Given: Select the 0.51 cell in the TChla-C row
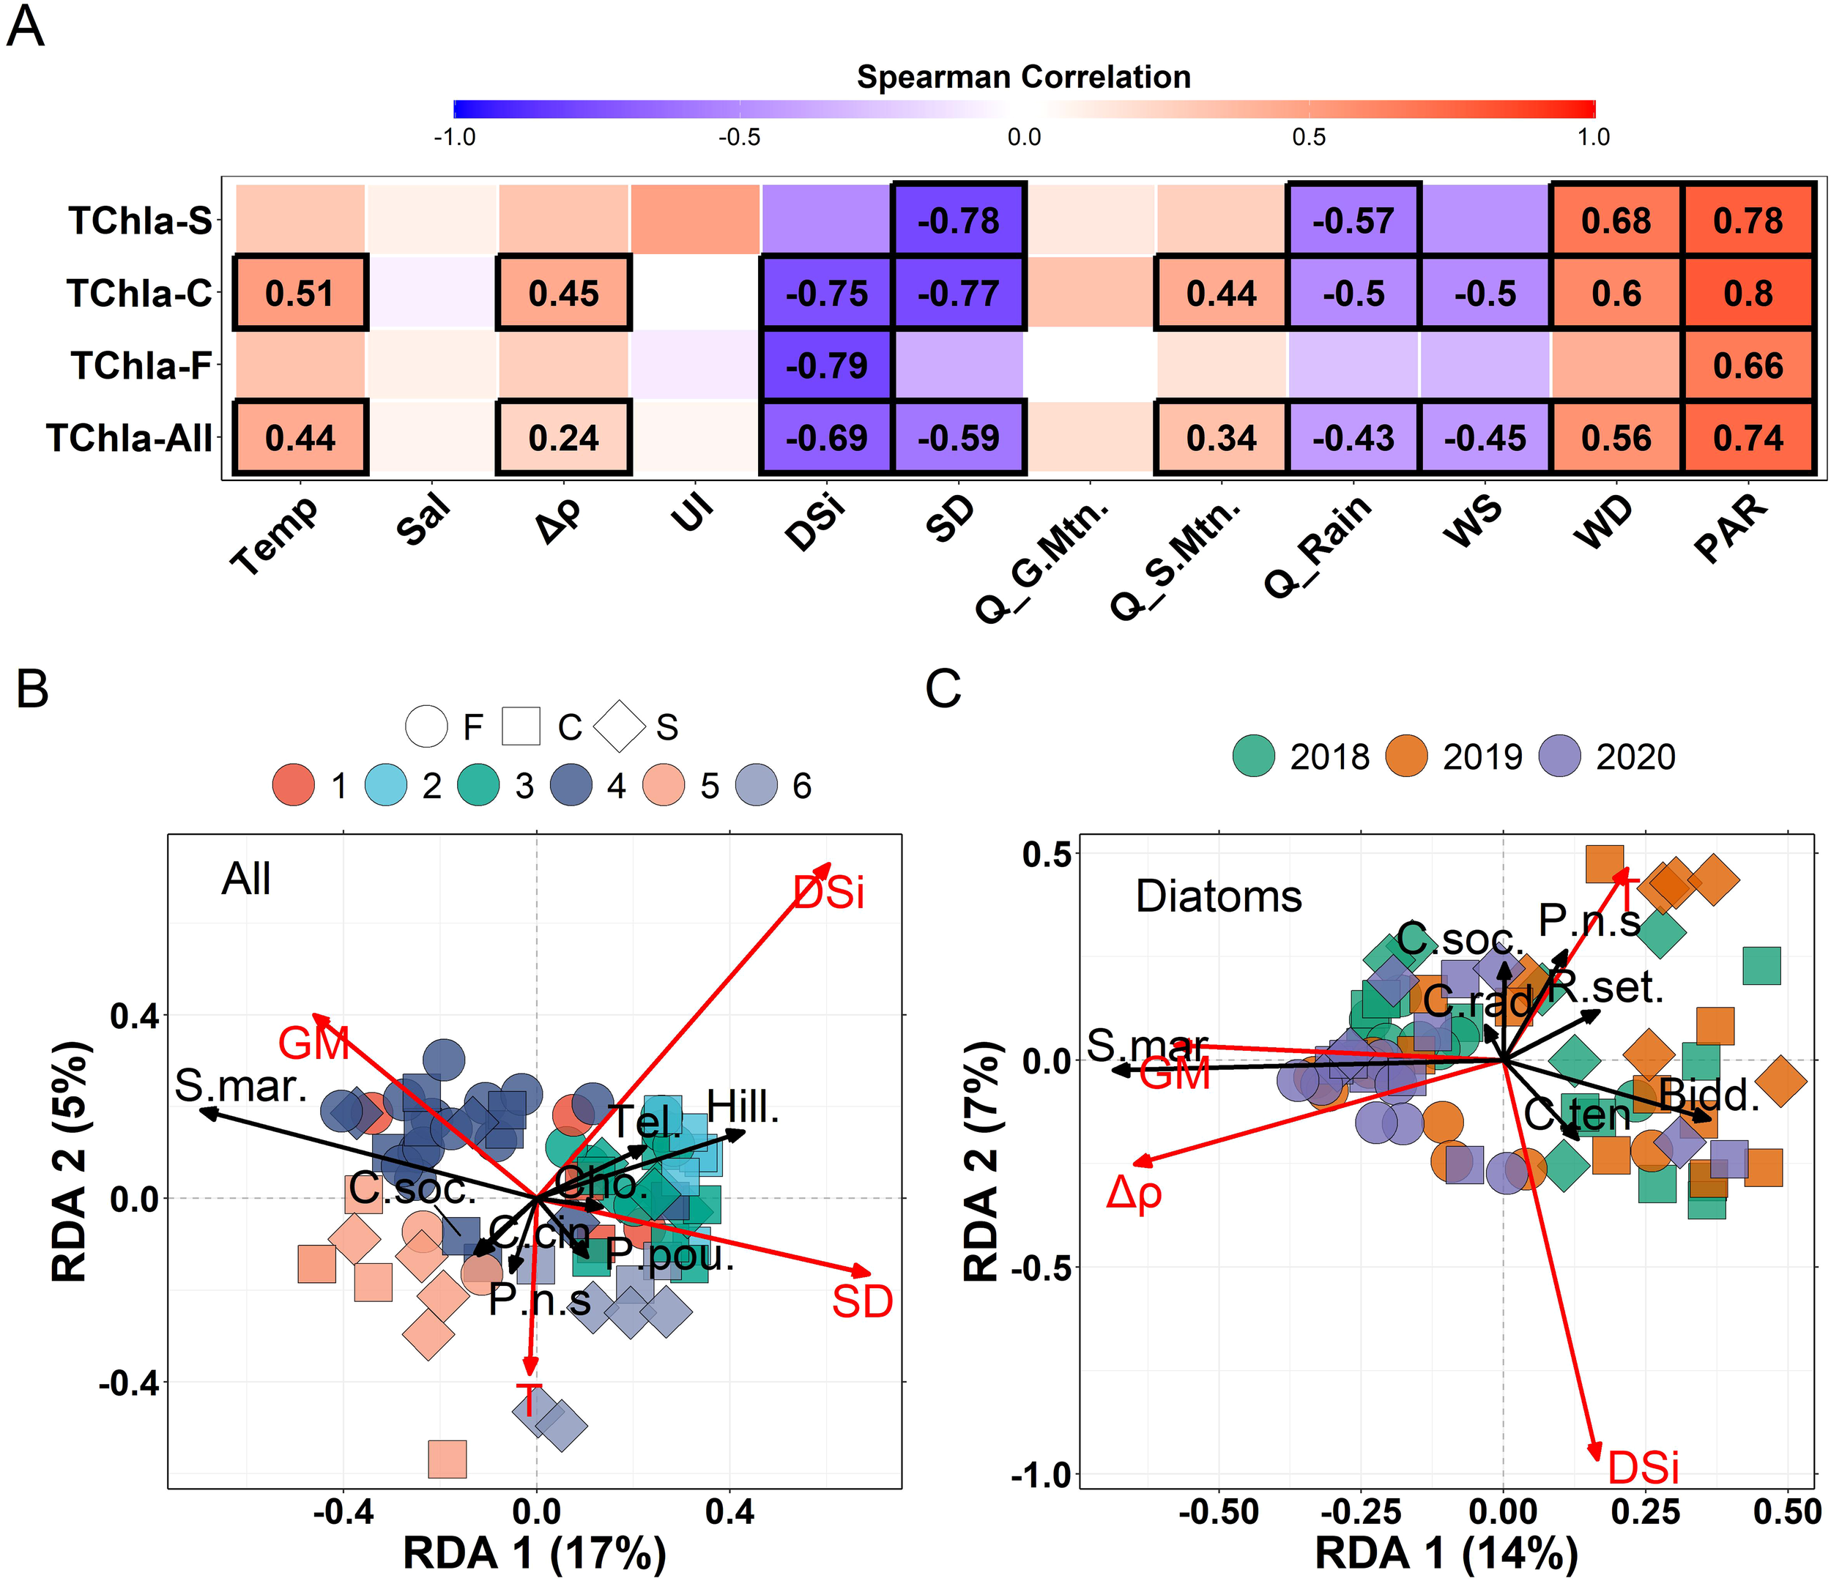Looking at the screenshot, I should coord(300,294).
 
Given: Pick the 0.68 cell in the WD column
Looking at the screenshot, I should coord(1616,221).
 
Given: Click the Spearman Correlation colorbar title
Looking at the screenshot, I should coord(1023,78).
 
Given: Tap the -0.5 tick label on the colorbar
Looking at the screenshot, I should coord(739,138).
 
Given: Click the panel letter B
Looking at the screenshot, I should coord(33,688).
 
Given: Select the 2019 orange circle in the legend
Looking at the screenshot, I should coord(1407,756).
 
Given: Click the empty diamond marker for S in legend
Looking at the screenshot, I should coord(620,726).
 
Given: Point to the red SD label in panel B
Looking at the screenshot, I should coord(861,1303).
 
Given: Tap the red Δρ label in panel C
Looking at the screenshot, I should coord(1134,1193).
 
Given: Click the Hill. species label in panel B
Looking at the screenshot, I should coord(743,1106).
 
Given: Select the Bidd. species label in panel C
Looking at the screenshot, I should coord(1709,1095).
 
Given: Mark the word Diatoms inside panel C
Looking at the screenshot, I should coord(1219,896).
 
